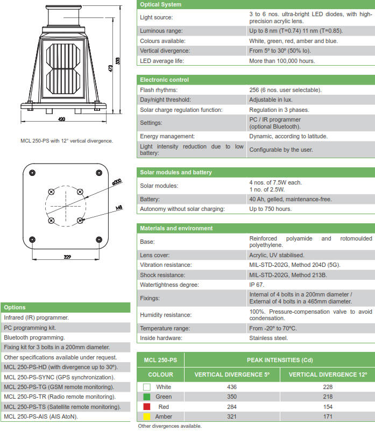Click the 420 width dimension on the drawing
tap(62, 119)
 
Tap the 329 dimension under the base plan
tap(67, 257)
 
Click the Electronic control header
tap(164, 80)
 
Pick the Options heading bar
tap(15, 308)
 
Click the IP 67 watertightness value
tap(257, 285)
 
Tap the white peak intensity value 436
tap(232, 387)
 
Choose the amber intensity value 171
tap(328, 417)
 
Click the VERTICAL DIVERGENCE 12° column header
tap(328, 374)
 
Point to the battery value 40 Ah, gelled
tap(291, 199)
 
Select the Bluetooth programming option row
tap(34, 337)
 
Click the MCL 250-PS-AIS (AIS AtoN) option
tap(41, 416)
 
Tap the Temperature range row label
tap(165, 328)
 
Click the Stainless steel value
tap(268, 338)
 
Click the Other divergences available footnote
tap(169, 426)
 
